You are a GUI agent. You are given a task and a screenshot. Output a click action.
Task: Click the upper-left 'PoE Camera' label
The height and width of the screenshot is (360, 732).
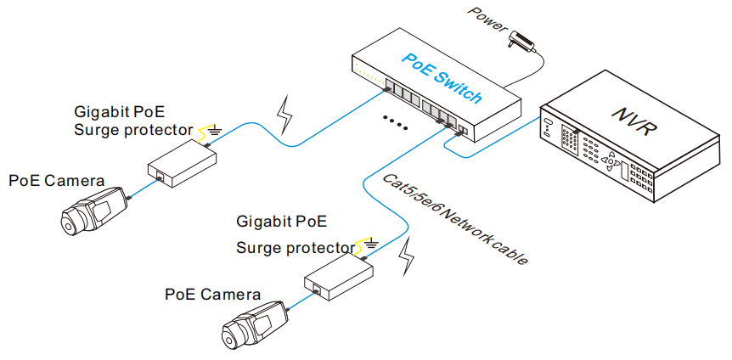[x=57, y=181]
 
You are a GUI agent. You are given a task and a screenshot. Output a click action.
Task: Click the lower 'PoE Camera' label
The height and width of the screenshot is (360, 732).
[x=213, y=295]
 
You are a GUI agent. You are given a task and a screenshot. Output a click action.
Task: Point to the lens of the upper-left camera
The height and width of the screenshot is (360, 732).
[x=69, y=222]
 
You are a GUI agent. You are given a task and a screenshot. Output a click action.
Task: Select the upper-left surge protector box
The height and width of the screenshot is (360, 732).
[x=182, y=164]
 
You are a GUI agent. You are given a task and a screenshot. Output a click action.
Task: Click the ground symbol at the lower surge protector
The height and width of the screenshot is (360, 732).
[x=371, y=247]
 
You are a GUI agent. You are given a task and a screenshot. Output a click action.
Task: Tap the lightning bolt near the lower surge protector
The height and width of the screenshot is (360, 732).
[x=409, y=256]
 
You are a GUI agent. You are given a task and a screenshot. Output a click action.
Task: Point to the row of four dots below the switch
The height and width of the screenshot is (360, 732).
[x=395, y=121]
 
